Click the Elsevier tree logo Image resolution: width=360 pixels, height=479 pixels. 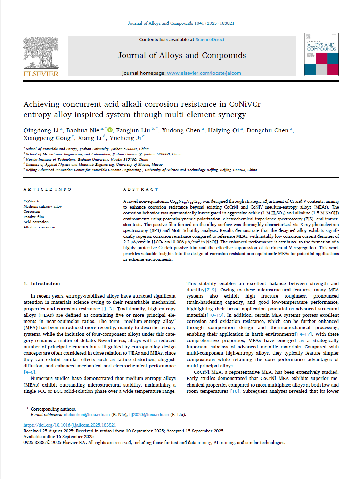(41, 52)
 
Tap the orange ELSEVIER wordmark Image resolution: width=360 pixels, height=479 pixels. (41, 74)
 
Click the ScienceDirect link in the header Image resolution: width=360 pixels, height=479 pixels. (210, 40)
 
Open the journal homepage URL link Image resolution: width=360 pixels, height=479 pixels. (204, 73)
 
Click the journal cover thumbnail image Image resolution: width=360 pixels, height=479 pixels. (321, 54)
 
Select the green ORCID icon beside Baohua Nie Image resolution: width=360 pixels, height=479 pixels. (110, 130)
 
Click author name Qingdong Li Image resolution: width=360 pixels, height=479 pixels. (41, 130)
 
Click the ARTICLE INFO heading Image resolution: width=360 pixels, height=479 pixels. (48, 189)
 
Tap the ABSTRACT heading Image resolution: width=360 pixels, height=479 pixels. (141, 189)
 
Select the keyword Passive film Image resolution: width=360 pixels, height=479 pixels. (34, 217)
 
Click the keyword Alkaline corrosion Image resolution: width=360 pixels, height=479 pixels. (39, 227)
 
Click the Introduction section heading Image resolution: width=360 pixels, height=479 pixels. (45, 283)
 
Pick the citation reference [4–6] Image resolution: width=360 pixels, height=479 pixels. (30, 372)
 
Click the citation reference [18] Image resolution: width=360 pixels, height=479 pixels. (235, 391)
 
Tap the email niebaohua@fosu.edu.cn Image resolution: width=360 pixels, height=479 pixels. (87, 414)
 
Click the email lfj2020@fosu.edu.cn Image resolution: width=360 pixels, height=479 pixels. (149, 414)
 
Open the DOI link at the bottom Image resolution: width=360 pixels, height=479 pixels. (69, 425)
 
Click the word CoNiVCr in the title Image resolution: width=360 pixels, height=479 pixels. (245, 104)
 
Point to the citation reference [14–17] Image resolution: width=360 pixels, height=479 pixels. (304, 334)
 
